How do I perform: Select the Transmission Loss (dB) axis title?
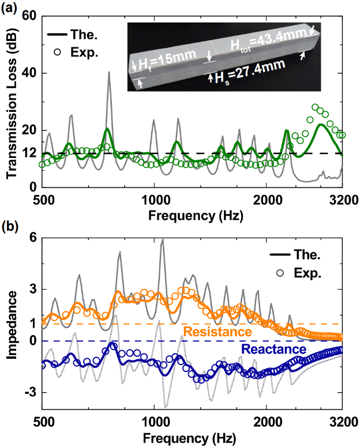point(10,101)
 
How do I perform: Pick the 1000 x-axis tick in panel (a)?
point(154,200)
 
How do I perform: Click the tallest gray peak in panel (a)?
point(108,73)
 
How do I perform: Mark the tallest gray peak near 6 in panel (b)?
point(162,240)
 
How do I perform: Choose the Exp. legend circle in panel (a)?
point(57,52)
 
